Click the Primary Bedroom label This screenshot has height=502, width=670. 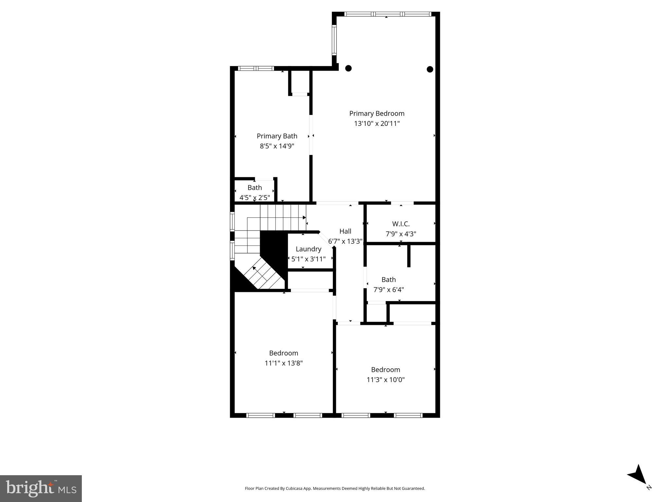[x=377, y=113]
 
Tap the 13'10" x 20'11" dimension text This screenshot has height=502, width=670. [x=377, y=124]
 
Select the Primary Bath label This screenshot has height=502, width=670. [x=277, y=136]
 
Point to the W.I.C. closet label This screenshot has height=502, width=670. [x=401, y=224]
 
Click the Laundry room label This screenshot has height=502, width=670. [x=308, y=249]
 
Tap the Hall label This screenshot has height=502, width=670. [x=345, y=231]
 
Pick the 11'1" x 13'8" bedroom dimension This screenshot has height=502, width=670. [x=283, y=363]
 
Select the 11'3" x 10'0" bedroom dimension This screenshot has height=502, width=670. [x=386, y=380]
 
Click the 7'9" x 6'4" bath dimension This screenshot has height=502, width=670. [x=389, y=290]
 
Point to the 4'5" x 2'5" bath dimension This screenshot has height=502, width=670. [x=255, y=198]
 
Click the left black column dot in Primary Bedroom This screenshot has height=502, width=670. [x=349, y=68]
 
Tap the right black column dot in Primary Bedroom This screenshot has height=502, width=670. [x=430, y=69]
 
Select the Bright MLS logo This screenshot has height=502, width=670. [x=41, y=488]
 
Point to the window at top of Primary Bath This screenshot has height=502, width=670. [x=256, y=69]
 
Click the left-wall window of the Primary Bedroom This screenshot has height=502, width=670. [x=334, y=40]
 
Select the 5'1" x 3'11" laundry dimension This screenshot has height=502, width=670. [x=308, y=259]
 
